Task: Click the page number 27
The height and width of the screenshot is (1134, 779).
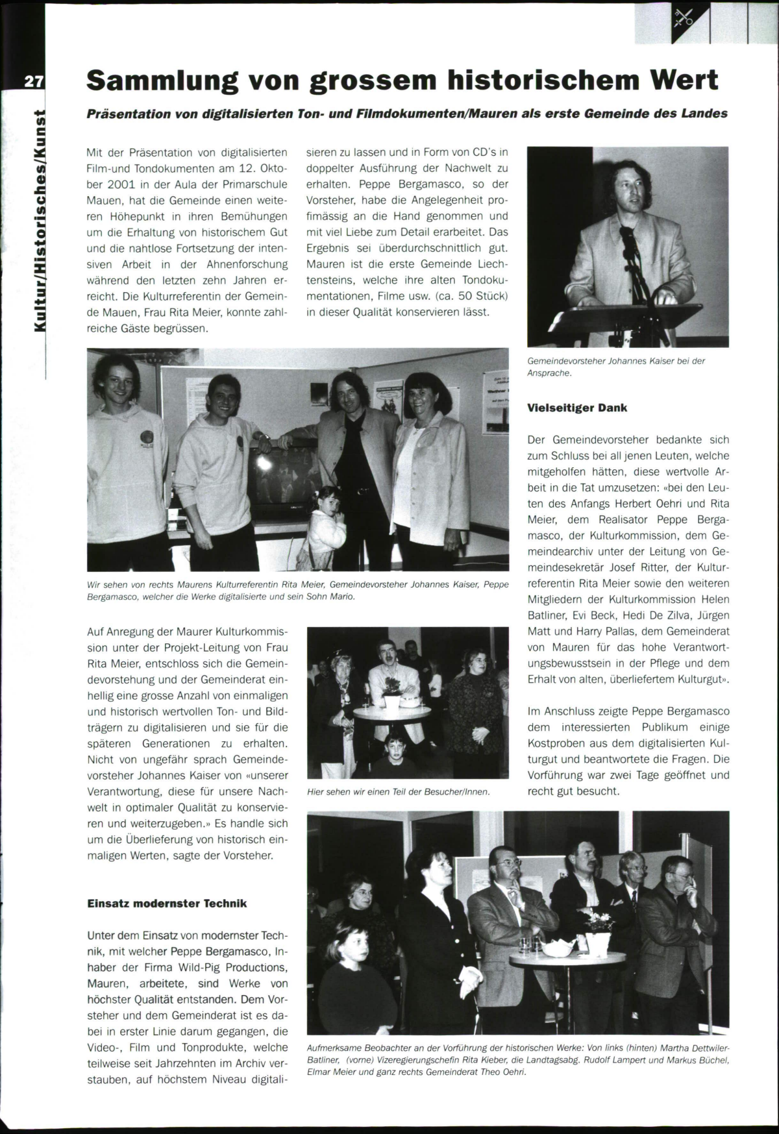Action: coord(33,82)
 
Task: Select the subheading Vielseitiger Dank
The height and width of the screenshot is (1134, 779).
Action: coord(577,408)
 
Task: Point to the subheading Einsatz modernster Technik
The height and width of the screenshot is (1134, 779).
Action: coord(167,903)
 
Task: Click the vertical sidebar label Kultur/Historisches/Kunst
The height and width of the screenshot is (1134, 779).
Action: coord(40,221)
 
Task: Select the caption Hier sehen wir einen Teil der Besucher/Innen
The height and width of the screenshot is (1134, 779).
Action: coord(398,792)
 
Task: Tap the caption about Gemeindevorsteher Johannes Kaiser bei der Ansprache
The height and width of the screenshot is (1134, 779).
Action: coord(616,367)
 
